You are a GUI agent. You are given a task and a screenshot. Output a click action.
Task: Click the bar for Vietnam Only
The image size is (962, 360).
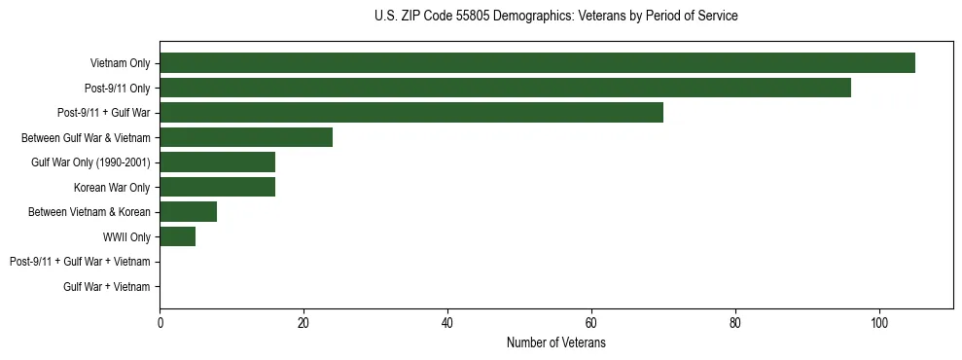[x=537, y=62]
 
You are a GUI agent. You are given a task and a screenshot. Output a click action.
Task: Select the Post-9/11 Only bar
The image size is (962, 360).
[x=505, y=88]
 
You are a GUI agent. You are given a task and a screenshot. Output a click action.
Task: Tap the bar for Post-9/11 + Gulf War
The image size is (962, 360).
[x=411, y=113]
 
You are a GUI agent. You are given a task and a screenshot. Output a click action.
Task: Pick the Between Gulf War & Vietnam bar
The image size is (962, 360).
[x=246, y=137]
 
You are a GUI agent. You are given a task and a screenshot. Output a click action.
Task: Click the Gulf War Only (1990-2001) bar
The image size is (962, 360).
[x=217, y=162]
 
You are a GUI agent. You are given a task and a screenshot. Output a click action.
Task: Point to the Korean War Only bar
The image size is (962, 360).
[x=217, y=187]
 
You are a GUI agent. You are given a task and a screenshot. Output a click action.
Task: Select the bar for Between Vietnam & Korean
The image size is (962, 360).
[x=188, y=212]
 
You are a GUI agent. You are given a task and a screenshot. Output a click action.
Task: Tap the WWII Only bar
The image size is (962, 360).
[x=177, y=236]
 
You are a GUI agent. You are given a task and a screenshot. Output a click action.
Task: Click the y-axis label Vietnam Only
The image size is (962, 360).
[x=120, y=63]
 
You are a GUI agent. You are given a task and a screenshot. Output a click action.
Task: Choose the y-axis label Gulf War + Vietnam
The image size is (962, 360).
[x=107, y=287]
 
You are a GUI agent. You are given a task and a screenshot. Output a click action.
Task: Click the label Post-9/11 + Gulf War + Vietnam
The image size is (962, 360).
[x=80, y=262]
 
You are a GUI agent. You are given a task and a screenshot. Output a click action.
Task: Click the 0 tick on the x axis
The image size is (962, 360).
[x=160, y=322]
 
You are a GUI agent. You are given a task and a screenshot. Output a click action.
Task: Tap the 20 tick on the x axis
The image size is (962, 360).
[x=303, y=322]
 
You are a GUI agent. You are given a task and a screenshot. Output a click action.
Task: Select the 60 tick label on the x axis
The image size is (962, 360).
[x=591, y=322]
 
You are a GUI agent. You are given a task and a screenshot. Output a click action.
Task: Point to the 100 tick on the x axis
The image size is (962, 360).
[x=879, y=322]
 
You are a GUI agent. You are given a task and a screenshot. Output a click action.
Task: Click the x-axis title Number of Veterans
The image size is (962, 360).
[x=555, y=342]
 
